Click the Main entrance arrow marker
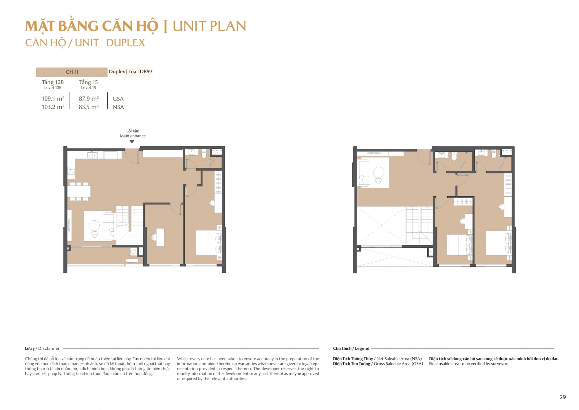(x=132, y=142)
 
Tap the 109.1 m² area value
(x=53, y=99)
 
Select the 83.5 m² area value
(x=89, y=107)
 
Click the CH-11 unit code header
(x=72, y=72)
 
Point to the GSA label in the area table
(x=118, y=99)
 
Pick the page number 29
(x=563, y=397)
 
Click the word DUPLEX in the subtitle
(x=126, y=43)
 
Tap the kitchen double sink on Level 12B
(x=92, y=155)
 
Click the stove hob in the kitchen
(x=71, y=171)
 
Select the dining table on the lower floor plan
(x=79, y=191)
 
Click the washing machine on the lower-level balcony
(x=133, y=252)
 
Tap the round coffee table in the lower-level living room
(x=94, y=225)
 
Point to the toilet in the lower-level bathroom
(x=204, y=154)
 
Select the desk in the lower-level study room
(x=160, y=237)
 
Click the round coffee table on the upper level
(x=379, y=172)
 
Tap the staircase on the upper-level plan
(x=419, y=225)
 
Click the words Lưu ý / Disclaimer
(x=42, y=349)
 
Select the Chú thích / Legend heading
(x=351, y=349)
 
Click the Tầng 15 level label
(x=89, y=82)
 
